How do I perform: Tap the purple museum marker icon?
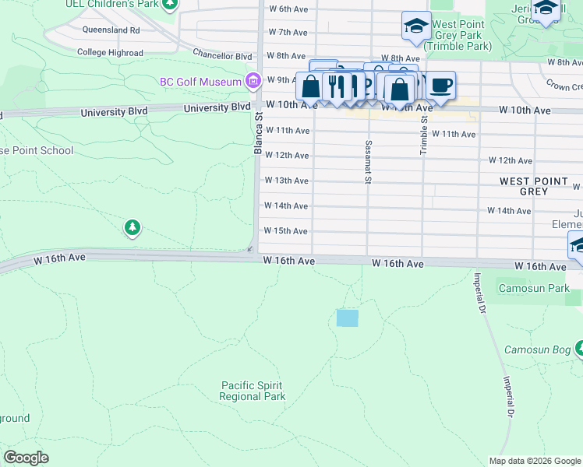pyautogui.click(x=253, y=80)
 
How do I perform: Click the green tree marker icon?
pyautogui.click(x=132, y=227)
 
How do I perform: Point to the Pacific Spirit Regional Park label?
pyautogui.click(x=252, y=391)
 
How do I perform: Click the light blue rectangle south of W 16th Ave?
pyautogui.click(x=347, y=318)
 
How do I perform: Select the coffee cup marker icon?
pyautogui.click(x=441, y=85)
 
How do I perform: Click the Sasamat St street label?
pyautogui.click(x=366, y=163)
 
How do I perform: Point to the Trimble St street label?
pyautogui.click(x=423, y=134)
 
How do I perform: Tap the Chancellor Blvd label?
pyautogui.click(x=223, y=56)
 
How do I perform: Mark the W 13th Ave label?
pyautogui.click(x=287, y=181)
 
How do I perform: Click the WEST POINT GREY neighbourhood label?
pyautogui.click(x=534, y=186)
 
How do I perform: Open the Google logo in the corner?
pyautogui.click(x=26, y=457)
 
